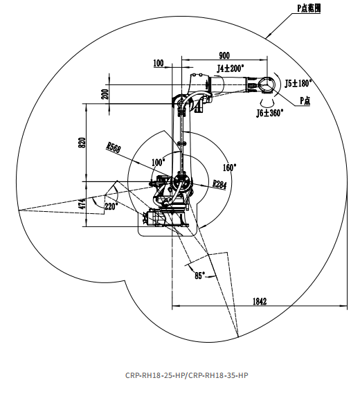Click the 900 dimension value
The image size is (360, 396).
click(x=224, y=55)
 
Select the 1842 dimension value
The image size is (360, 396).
click(x=260, y=301)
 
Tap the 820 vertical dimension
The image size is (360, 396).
click(x=82, y=143)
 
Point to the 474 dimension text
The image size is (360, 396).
click(x=82, y=204)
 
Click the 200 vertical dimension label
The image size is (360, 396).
click(x=105, y=94)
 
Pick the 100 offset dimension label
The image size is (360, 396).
click(x=159, y=63)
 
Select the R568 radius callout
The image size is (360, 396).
click(x=114, y=147)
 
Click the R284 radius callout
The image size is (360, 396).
click(x=219, y=184)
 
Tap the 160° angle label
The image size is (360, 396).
click(x=229, y=168)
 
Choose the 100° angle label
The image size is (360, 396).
click(x=159, y=162)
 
